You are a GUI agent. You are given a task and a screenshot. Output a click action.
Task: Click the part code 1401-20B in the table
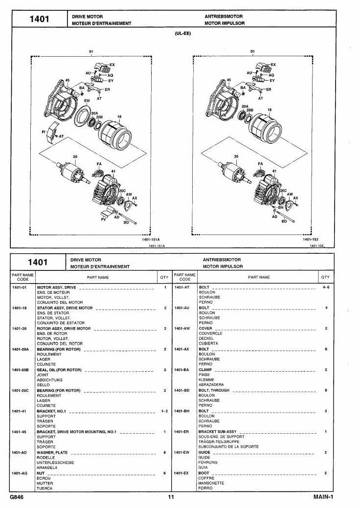click(21, 370)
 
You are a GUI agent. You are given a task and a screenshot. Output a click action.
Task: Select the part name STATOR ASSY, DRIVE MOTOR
click(65, 308)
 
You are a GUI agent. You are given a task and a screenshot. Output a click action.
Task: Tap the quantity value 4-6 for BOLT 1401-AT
click(326, 287)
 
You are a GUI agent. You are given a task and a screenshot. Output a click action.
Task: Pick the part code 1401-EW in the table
click(182, 452)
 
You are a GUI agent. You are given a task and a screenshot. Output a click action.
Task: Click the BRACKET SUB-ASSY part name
click(218, 432)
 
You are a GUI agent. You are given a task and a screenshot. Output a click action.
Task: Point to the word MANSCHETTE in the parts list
click(211, 483)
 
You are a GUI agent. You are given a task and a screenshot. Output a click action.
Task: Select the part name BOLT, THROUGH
click(214, 390)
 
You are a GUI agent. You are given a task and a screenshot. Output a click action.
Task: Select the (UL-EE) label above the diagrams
click(183, 33)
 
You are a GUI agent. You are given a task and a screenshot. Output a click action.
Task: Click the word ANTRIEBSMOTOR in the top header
click(223, 17)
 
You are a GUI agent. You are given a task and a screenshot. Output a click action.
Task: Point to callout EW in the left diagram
click(87, 101)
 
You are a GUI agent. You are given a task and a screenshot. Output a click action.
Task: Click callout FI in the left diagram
click(44, 132)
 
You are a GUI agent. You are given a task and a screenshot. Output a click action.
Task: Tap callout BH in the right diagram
click(281, 207)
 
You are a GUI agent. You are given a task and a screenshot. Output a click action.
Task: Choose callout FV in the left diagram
click(104, 220)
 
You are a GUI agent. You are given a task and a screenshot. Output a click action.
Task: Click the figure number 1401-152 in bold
click(311, 240)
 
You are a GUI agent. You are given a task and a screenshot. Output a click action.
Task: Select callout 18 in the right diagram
click(270, 110)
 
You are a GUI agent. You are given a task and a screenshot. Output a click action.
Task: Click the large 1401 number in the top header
click(39, 19)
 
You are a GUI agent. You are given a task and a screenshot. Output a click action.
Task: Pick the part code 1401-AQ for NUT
click(20, 473)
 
